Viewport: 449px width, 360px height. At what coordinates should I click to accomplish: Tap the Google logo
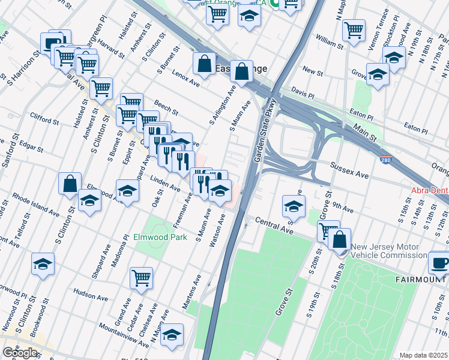[20, 353]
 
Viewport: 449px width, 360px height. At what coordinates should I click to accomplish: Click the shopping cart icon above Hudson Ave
[141, 278]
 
